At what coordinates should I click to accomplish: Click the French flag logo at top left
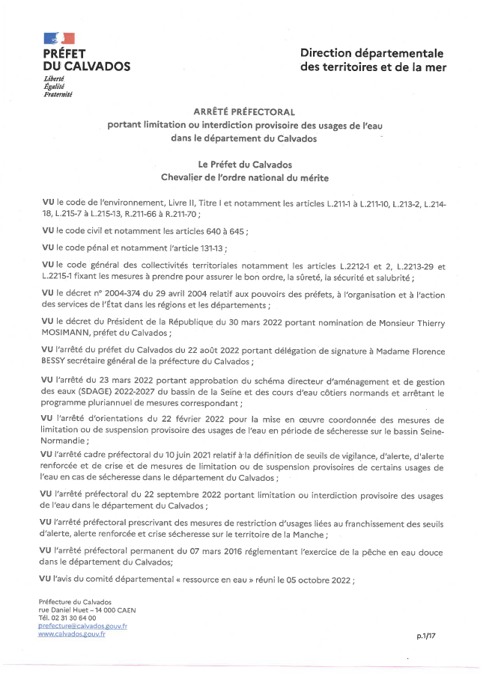click(x=59, y=37)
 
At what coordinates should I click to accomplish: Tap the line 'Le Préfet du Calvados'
click(x=234, y=164)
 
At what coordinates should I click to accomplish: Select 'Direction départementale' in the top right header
click(x=372, y=53)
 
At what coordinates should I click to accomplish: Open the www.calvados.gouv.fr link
click(x=72, y=634)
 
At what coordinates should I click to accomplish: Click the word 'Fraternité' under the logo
click(x=58, y=95)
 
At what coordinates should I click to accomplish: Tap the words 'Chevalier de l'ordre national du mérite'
click(x=234, y=178)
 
